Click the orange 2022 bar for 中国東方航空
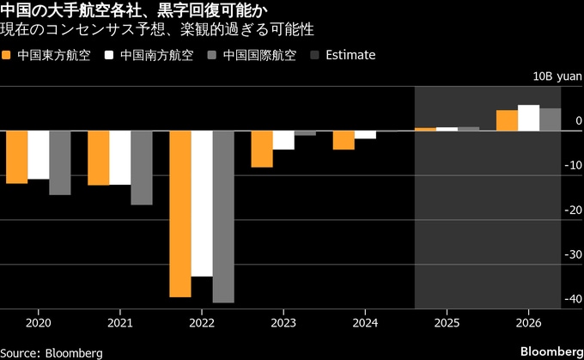click(180, 213)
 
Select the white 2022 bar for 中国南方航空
click(202, 204)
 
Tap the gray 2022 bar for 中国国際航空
click(223, 217)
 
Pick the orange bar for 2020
click(17, 156)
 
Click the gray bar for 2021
click(142, 168)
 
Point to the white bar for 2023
click(283, 140)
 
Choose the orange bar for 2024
click(344, 140)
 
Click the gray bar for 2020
click(60, 162)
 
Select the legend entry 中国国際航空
click(258, 55)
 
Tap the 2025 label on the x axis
click(447, 323)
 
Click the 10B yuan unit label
click(557, 76)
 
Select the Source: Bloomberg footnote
click(52, 352)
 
